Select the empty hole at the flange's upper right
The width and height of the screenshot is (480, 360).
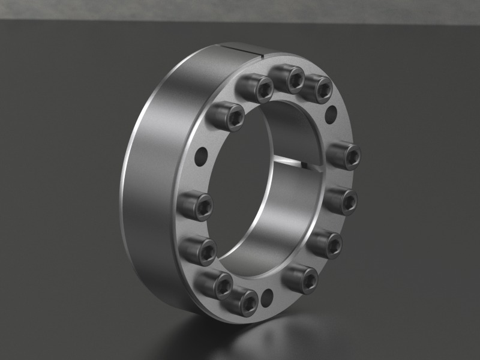point(330,112)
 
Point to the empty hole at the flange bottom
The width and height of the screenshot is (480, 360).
point(268,294)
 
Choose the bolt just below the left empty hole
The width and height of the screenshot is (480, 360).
point(196,206)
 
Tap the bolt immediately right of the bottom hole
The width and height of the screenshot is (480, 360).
point(301,278)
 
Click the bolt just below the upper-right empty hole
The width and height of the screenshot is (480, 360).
point(345,156)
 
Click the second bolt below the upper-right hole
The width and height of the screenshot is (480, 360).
point(343,200)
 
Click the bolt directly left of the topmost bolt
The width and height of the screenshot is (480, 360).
point(256,89)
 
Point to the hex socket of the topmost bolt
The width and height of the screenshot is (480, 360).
point(295,80)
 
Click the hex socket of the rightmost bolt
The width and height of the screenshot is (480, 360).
point(353,157)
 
